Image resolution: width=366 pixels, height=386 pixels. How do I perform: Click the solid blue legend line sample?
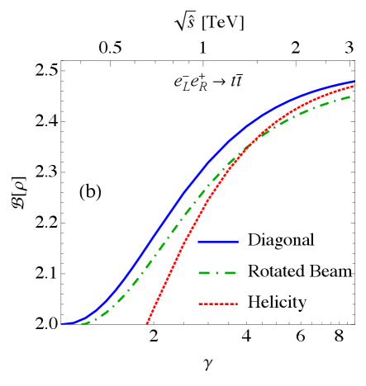point(218,242)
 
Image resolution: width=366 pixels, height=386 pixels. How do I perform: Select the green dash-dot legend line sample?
point(218,273)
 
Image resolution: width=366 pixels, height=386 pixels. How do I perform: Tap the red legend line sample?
point(218,304)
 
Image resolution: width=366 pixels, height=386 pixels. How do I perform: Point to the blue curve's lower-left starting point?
point(62,324)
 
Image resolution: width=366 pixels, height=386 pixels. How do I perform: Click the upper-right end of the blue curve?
point(355,82)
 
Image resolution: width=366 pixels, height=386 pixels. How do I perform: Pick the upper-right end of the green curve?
point(352,96)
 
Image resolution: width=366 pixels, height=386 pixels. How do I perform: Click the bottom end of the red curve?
point(147,324)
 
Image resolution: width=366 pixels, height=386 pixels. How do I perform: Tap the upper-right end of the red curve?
point(355,85)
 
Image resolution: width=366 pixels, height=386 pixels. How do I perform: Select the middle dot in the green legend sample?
point(218,273)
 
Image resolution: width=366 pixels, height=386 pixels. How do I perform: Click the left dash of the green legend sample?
point(206,273)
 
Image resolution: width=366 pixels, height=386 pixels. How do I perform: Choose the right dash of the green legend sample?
point(231,273)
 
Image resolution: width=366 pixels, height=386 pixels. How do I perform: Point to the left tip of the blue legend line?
point(199,242)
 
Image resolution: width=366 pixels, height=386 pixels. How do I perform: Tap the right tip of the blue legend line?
point(239,242)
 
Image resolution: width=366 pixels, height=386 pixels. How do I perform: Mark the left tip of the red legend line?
point(199,304)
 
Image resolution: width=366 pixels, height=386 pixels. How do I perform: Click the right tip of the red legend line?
point(238,304)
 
